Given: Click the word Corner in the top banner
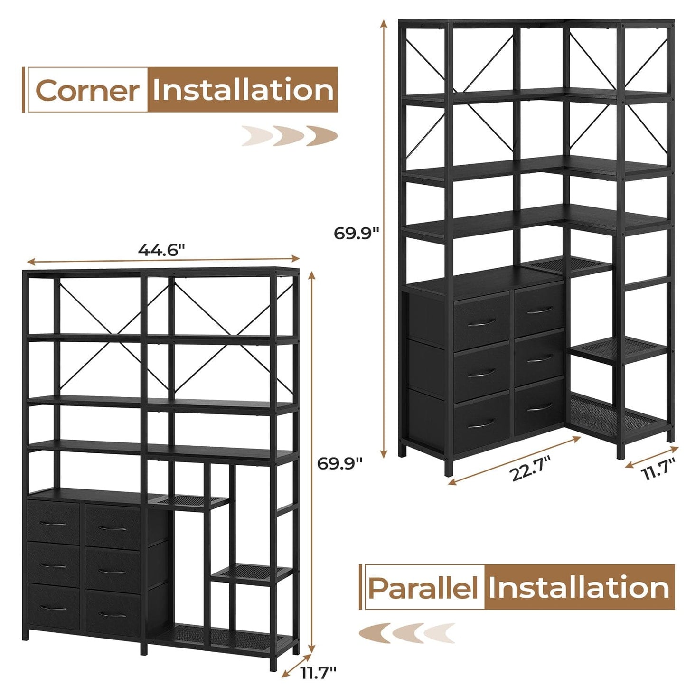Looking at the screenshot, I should (88, 90).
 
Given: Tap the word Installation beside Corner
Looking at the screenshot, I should (243, 90).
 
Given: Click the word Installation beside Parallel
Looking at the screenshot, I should (579, 588).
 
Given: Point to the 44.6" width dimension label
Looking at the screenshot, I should (161, 250).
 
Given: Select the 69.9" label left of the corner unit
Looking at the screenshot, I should (356, 233).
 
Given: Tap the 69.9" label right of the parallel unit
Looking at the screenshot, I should (340, 463).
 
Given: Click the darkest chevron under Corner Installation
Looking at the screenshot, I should (322, 135).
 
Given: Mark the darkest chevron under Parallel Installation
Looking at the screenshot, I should (375, 633).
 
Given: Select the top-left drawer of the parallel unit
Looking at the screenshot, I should (53, 523).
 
